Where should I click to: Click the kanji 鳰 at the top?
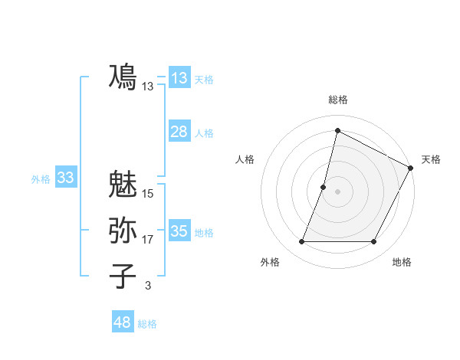point(123,77)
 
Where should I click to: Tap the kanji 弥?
point(123,231)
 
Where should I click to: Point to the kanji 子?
point(123,276)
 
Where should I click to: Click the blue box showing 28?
point(179,132)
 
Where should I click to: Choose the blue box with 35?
point(179,231)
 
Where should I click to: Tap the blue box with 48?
point(122,322)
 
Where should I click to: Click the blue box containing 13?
point(179,78)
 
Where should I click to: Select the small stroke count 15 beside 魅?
point(148,194)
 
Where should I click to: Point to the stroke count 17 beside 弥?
point(148,240)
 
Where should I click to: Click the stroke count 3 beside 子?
point(148,286)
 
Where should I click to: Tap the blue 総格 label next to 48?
point(147,324)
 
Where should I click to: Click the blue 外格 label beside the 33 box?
point(41,179)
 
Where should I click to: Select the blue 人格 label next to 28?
point(204,133)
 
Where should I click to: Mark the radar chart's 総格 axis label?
point(337,100)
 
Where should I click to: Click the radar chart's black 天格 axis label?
point(431,159)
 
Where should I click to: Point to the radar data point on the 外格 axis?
point(301,242)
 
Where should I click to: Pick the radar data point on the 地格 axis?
point(374,242)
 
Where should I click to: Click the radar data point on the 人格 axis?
point(324,187)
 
